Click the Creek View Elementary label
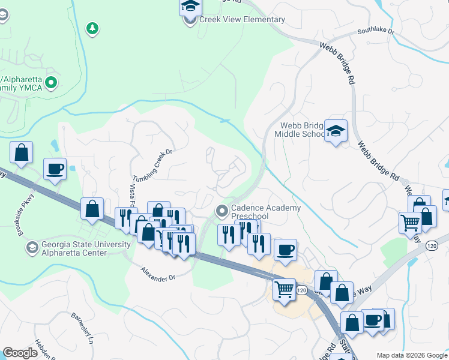point(243,20)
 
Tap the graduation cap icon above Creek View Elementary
point(190,7)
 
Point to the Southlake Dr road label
point(375,31)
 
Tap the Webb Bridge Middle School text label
point(302,130)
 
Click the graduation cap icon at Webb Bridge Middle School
point(336,130)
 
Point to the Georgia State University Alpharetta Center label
point(78,248)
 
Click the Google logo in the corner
point(20,353)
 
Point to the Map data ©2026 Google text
point(411,355)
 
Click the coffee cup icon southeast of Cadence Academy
point(285,249)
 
